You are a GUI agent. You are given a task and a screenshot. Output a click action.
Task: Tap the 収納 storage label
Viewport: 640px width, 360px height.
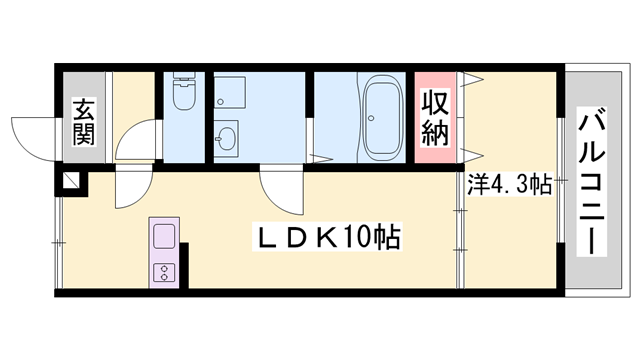(x=433, y=117)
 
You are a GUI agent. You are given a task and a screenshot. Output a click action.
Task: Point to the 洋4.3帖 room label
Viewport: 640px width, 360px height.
(x=510, y=185)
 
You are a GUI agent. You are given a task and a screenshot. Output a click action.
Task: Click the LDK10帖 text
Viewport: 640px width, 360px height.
(x=330, y=239)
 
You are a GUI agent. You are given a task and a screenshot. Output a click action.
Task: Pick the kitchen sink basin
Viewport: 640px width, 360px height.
(x=163, y=238)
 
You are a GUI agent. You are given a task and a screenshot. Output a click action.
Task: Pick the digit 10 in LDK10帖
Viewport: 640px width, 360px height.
(x=363, y=239)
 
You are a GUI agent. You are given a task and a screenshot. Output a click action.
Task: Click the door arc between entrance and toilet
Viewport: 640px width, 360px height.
(x=137, y=140)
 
